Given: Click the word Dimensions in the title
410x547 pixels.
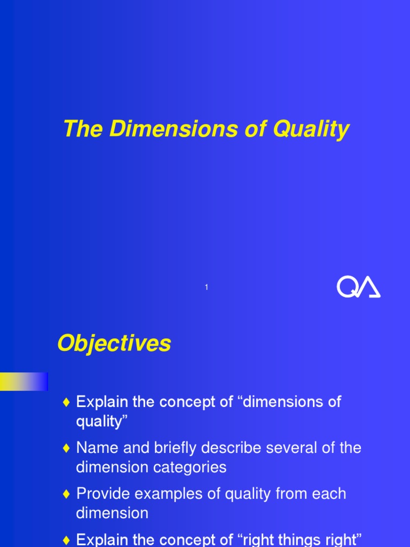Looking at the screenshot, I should click(171, 129).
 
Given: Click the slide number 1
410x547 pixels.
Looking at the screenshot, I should click(206, 287).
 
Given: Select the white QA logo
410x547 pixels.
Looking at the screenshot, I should click(358, 287).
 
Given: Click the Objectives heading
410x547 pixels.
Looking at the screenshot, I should click(114, 343).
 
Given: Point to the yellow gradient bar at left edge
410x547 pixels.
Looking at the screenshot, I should click(23, 381).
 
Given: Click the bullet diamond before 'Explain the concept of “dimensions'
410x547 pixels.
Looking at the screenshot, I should click(66, 402).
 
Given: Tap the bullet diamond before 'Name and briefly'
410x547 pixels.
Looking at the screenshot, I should click(66, 448).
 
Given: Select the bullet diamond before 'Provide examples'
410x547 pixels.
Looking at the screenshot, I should click(66, 494).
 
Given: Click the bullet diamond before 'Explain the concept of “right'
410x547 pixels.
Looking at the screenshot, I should click(66, 540).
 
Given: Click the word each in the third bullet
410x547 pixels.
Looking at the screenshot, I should click(329, 494).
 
